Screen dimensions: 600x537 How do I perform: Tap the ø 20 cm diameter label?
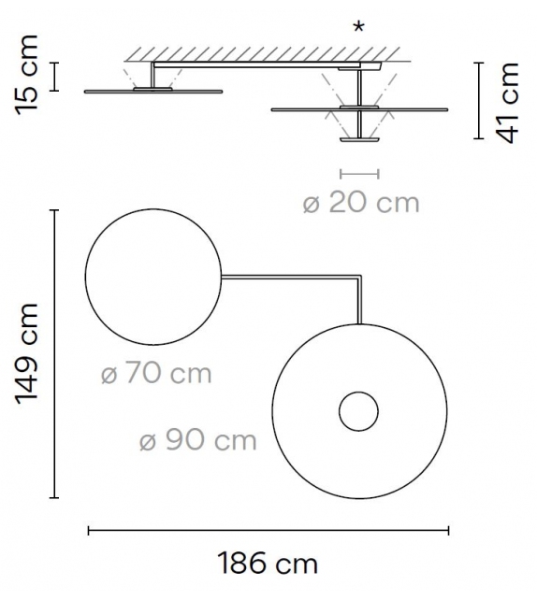click(x=361, y=203)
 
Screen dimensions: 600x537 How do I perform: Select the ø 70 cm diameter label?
click(x=156, y=374)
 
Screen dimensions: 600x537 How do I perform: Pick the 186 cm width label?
click(x=268, y=564)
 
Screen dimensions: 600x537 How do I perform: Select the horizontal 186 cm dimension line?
click(x=268, y=530)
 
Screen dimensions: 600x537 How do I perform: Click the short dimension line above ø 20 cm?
click(x=360, y=173)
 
